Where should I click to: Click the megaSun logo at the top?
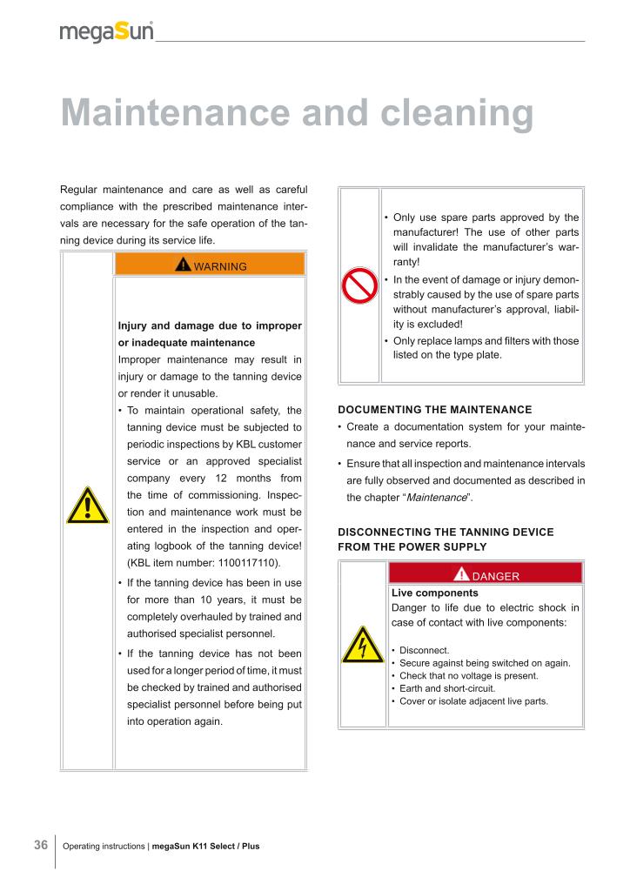[x=106, y=31]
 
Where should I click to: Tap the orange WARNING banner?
[x=210, y=265]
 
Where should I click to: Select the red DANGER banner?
[x=486, y=575]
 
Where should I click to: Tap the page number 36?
[x=40, y=845]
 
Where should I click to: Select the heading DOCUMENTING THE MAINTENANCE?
[x=434, y=409]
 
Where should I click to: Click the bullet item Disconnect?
[x=424, y=650]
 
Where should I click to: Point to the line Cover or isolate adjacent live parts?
[x=473, y=700]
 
